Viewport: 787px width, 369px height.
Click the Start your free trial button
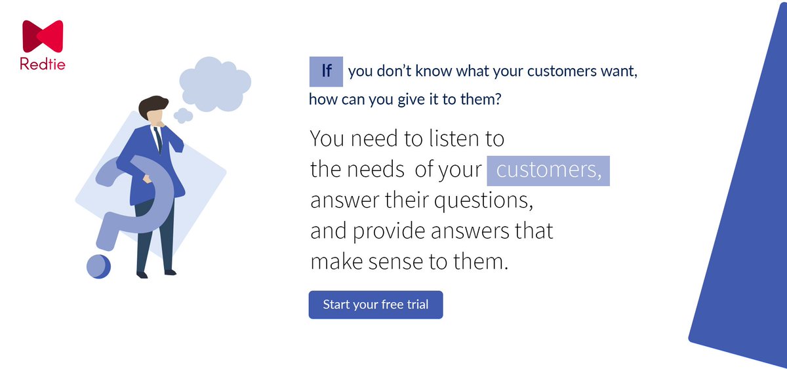click(375, 305)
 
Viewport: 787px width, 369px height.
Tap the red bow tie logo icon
click(43, 36)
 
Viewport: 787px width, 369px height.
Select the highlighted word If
click(326, 71)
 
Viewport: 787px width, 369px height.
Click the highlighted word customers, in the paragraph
click(548, 170)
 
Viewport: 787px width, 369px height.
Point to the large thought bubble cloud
click(214, 81)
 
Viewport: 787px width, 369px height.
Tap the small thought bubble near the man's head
click(183, 115)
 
